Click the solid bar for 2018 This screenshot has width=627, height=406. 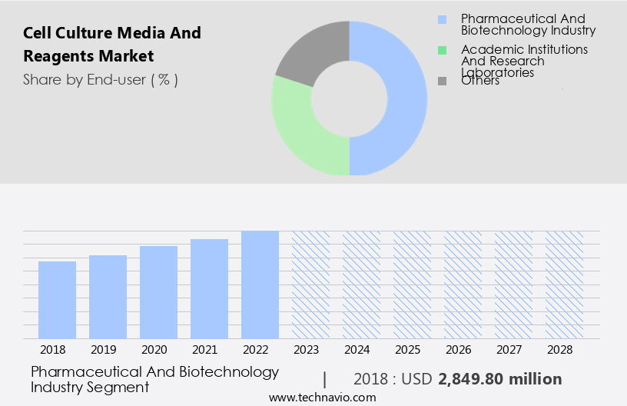click(x=57, y=300)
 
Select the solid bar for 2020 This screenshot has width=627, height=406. click(x=158, y=292)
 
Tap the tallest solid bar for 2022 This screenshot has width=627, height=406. click(x=260, y=285)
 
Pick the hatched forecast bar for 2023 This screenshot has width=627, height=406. click(x=310, y=285)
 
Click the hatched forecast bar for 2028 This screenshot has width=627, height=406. click(x=564, y=285)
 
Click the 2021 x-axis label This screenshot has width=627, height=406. click(x=209, y=350)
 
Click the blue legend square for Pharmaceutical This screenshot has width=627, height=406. click(x=442, y=19)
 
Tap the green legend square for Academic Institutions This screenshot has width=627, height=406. click(x=442, y=50)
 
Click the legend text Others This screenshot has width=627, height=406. click(x=480, y=81)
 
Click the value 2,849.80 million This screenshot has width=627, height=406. click(x=499, y=379)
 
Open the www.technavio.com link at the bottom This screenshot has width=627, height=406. click(x=323, y=398)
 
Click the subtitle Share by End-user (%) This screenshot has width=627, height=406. click(x=101, y=79)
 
